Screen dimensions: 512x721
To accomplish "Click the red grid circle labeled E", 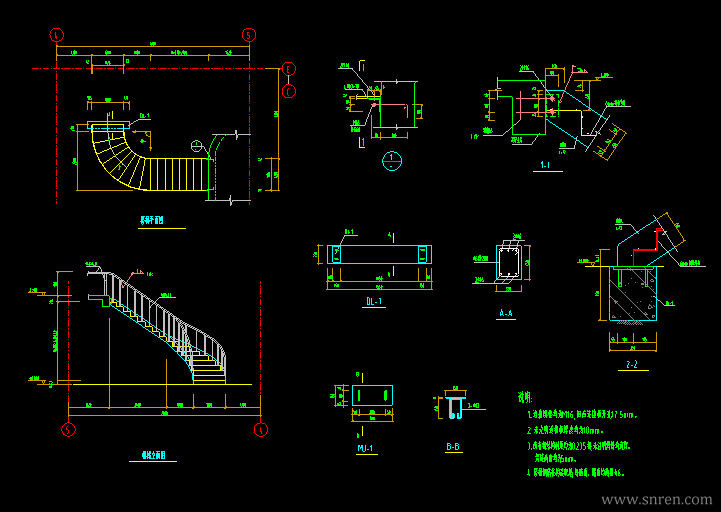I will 288,68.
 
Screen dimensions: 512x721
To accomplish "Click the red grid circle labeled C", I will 288,91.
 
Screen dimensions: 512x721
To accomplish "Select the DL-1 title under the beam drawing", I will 375,301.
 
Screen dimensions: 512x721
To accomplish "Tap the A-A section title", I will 506,314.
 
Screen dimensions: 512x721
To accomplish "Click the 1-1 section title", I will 545,164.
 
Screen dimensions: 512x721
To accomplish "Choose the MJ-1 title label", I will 365,448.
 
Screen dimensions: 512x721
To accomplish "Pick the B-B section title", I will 453,448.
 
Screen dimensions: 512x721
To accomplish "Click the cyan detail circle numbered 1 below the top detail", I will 393,160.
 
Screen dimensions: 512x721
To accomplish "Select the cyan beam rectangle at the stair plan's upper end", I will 109,126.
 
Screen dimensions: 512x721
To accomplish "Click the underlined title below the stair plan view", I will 152,220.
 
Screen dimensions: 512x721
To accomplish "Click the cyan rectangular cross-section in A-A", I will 507,264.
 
